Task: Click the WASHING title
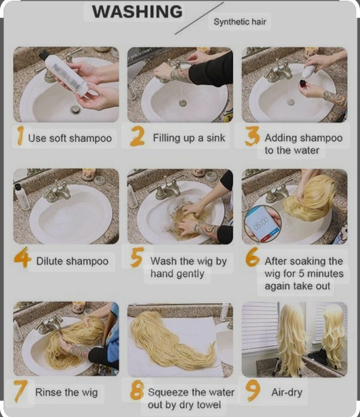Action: [137, 12]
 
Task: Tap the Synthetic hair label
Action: [240, 21]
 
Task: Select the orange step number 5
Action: [137, 257]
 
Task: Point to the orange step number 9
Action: [253, 390]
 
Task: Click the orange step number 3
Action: [252, 136]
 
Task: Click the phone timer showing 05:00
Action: [262, 223]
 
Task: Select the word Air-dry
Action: [286, 392]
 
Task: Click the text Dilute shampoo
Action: [72, 261]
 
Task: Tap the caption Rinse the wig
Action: [66, 392]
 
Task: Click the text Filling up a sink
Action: [189, 138]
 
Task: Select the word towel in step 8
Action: [208, 405]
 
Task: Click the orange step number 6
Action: [252, 257]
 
